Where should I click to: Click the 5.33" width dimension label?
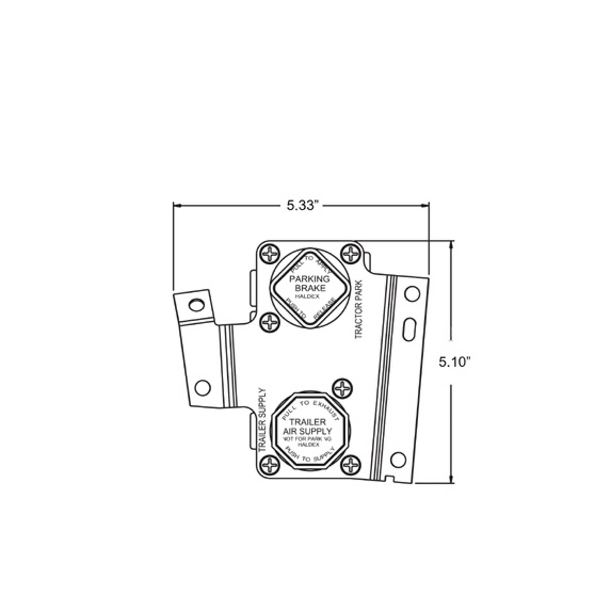point(303,205)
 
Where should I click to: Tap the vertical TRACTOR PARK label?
point(359,310)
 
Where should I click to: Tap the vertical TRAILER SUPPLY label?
point(262,420)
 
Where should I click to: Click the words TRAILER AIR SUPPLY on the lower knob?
point(307,427)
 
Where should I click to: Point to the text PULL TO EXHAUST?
point(309,407)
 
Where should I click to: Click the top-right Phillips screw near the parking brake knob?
point(350,253)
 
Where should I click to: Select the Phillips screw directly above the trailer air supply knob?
point(342,388)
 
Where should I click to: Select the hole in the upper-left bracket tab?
point(195,305)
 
